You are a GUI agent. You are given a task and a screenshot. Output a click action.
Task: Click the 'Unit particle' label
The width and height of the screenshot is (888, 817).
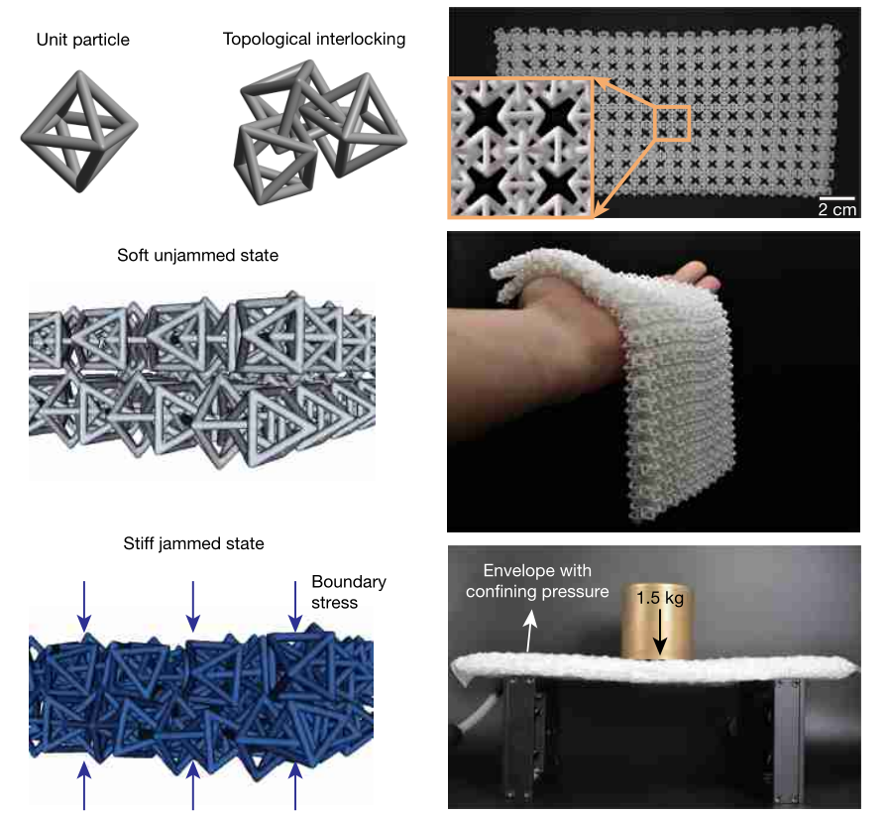coord(82,40)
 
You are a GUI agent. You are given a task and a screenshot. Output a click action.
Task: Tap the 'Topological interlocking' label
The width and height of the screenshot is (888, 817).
coord(314,39)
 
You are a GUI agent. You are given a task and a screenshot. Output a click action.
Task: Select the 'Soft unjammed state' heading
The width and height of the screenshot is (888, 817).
coord(197,256)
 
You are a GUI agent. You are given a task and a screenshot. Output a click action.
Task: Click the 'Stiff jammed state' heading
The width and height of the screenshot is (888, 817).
coord(193,544)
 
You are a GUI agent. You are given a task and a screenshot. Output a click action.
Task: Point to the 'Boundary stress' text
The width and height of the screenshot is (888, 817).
coord(349,592)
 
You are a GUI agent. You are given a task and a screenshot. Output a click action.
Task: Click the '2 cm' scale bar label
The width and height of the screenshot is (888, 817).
coord(837,209)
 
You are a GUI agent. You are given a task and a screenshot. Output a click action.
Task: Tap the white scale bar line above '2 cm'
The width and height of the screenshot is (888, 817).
coord(836,198)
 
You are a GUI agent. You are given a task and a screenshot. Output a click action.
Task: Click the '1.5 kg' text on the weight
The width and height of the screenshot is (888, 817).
coord(660,598)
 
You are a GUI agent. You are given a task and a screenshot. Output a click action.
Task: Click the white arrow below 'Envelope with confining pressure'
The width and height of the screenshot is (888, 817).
coord(529,631)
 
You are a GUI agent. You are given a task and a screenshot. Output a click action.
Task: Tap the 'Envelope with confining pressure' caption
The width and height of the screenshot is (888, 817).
coord(537,581)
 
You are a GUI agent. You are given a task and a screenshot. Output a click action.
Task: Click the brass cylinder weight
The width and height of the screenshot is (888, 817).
coord(657,621)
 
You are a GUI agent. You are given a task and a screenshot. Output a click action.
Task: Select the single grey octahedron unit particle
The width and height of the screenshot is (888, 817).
coord(79,131)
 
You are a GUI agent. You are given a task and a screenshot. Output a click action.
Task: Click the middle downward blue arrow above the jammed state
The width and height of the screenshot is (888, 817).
coord(193,606)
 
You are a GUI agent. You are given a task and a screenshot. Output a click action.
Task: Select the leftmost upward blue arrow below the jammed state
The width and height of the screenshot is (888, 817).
coord(84,785)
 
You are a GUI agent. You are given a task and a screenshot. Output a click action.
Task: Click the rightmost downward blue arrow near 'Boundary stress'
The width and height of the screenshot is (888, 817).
coord(295,606)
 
